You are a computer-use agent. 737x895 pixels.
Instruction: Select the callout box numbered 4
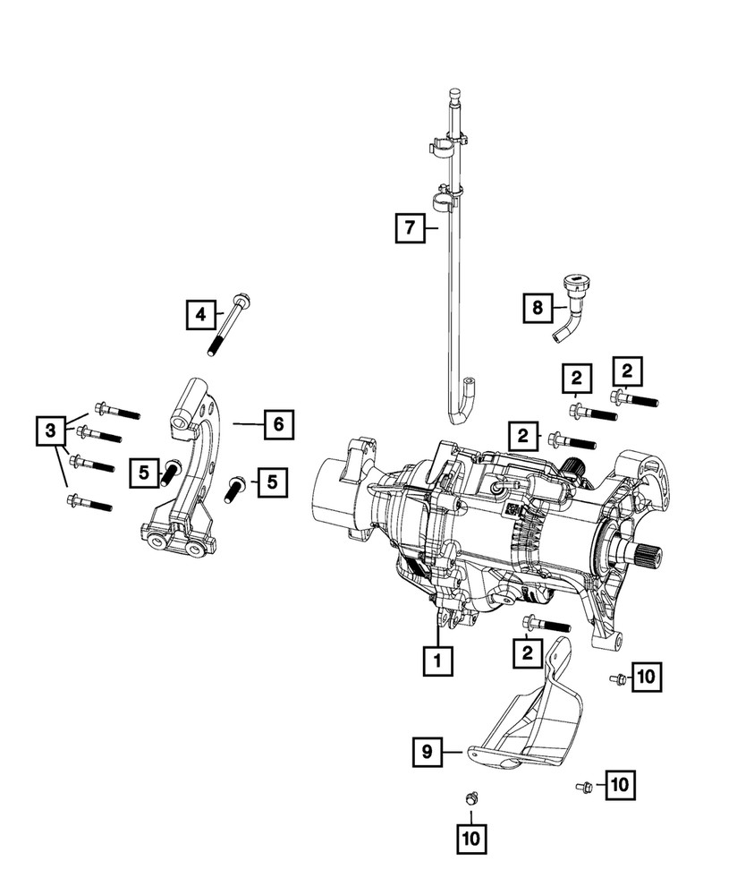[201, 314]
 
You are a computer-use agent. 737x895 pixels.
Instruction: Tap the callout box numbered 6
[278, 423]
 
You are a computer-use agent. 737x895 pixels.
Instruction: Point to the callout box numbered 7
[409, 228]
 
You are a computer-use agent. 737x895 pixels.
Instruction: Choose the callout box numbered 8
[537, 309]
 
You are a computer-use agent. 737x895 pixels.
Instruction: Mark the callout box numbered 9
[428, 753]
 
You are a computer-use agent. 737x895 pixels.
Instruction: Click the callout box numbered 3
[53, 431]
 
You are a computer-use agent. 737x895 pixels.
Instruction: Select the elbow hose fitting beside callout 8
[570, 314]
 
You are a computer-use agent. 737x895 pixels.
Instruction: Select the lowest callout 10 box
[470, 839]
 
